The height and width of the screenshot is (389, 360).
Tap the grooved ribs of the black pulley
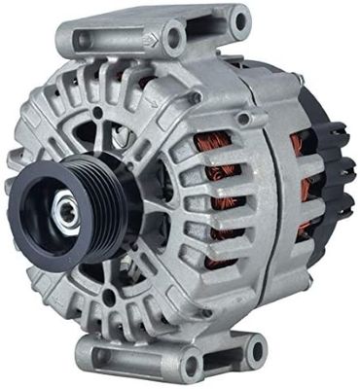tap(97, 209)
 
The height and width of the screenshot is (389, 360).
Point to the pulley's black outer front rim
tap(29, 233)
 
